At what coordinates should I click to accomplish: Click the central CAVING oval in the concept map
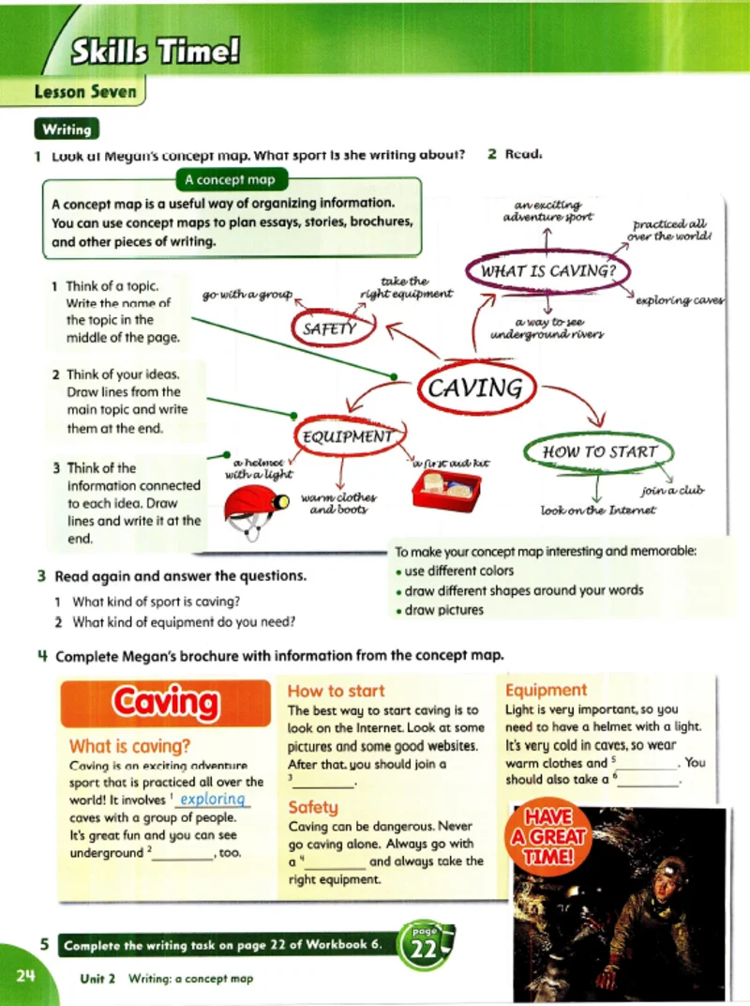point(474,388)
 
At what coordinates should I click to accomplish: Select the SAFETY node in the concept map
point(329,328)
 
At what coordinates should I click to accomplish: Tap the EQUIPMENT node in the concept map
point(346,436)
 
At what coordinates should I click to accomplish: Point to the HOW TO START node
point(600,451)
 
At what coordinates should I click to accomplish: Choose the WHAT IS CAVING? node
point(547,272)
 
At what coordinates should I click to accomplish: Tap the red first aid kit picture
point(446,491)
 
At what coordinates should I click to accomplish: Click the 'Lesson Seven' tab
point(84,92)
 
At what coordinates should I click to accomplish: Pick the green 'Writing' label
point(66,130)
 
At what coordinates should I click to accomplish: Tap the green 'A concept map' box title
point(231,180)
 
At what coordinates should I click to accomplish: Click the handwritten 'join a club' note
point(672,491)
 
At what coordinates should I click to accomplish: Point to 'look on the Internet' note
point(598,511)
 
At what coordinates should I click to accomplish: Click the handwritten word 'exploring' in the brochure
point(213,800)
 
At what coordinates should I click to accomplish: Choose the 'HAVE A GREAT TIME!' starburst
point(549,835)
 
